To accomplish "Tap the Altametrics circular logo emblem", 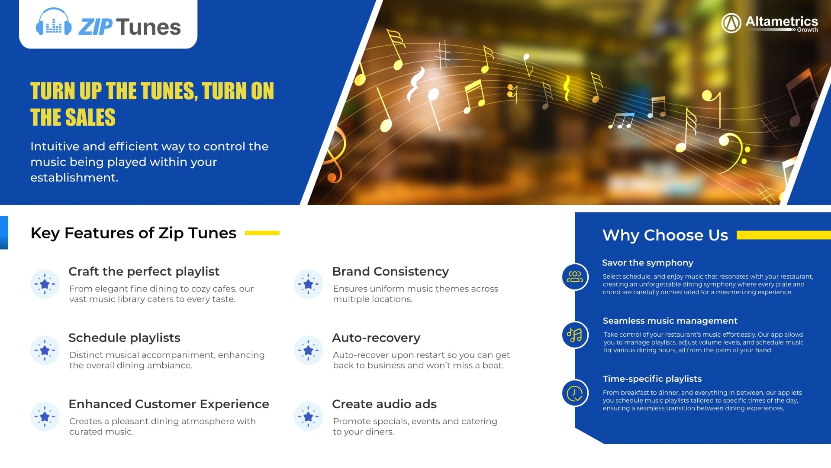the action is tap(731, 23).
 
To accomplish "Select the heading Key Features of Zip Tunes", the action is tap(133, 233).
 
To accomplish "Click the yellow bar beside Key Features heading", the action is tap(262, 233).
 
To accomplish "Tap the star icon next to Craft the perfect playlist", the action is tap(45, 284).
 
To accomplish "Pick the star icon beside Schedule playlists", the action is tap(45, 350).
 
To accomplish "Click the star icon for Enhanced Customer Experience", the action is tap(45, 416).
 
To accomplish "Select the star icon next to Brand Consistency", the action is tap(308, 284).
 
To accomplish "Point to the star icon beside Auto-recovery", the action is tap(308, 350).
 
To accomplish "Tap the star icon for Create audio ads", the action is tap(308, 416).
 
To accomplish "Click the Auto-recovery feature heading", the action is tap(376, 338).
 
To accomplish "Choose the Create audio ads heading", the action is tap(384, 404).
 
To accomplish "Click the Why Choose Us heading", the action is tap(665, 235).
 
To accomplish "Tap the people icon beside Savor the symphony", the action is tap(575, 277).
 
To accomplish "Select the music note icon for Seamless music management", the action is tap(575, 335).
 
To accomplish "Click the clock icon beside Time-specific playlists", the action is tap(575, 393).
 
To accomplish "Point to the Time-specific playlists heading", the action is tap(652, 379).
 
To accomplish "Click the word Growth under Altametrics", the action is tap(808, 30).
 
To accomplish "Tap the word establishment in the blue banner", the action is tap(74, 178).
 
